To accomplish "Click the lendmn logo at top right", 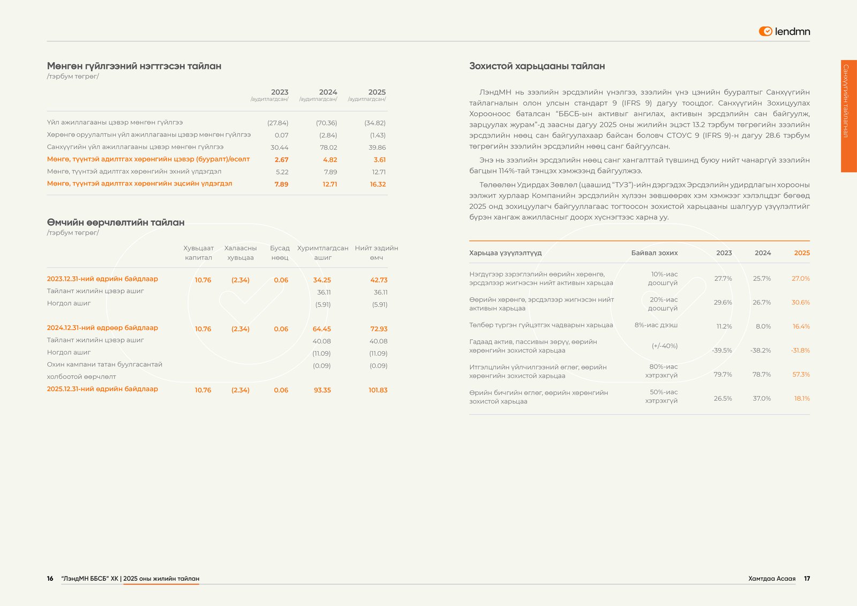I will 784,32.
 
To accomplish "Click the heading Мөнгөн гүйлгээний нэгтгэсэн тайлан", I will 134,66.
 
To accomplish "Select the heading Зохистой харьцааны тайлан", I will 537,66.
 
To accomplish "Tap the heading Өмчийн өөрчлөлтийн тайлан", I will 116,222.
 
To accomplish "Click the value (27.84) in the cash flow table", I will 278,123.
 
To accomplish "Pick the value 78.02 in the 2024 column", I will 328,147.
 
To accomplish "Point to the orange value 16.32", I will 378,184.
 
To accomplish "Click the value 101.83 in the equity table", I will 378,390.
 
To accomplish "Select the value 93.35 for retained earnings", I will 322,390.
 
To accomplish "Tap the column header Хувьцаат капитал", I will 198,253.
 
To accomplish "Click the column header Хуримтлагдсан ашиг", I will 322,253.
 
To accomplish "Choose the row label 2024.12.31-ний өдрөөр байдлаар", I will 102,327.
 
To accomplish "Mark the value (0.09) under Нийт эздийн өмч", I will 378,365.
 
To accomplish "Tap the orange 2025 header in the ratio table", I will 802,253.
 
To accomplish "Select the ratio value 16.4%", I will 801,326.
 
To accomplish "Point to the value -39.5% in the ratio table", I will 722,350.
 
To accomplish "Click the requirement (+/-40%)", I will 665,346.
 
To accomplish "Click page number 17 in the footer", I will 807,579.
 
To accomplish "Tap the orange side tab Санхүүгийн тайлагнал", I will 848,116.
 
